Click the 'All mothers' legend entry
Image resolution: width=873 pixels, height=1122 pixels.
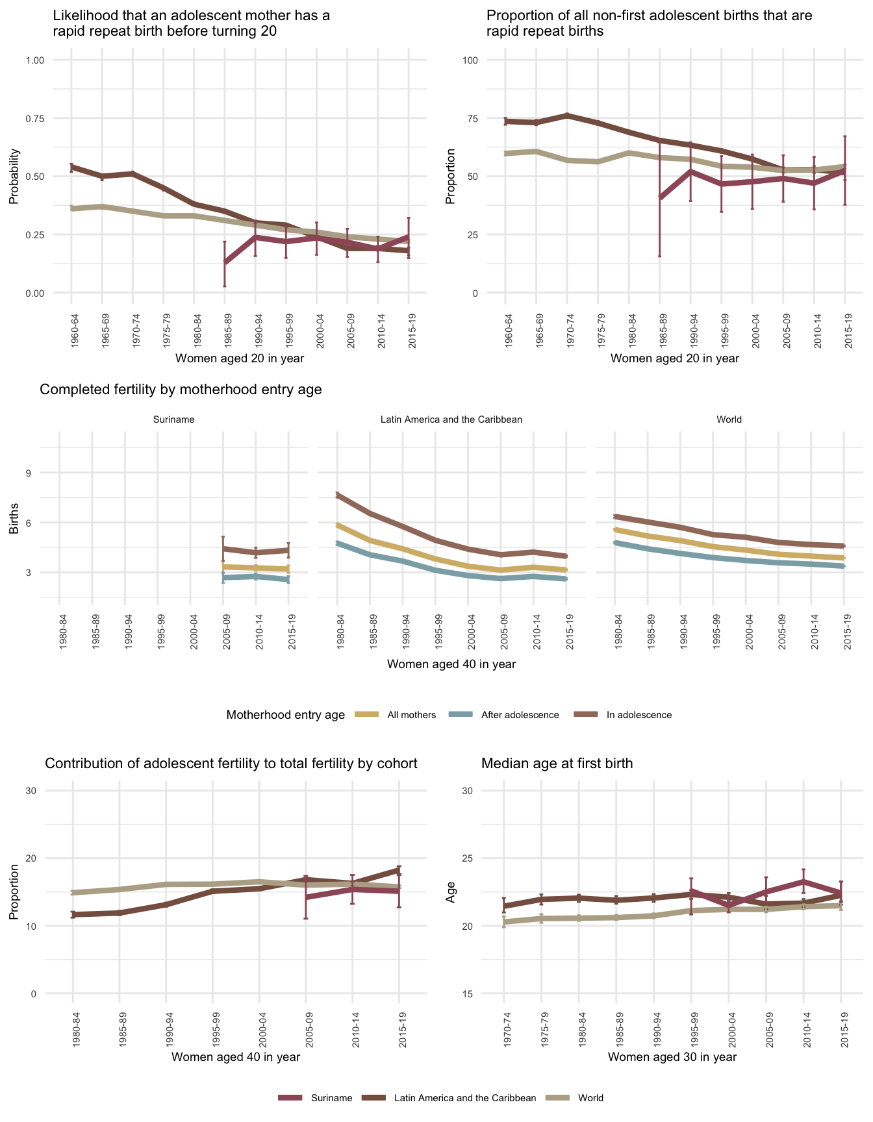tap(411, 715)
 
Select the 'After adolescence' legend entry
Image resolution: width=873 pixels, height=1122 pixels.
tap(520, 715)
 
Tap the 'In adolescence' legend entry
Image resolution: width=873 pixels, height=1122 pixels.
tap(639, 715)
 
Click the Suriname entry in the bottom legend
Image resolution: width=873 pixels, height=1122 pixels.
tap(331, 1098)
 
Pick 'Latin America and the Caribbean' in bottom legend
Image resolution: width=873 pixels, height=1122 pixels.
tap(465, 1098)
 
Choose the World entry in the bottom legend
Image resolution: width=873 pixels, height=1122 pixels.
tap(590, 1098)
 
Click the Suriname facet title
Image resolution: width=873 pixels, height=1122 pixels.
tap(173, 419)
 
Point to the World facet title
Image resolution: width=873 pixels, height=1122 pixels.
tap(729, 419)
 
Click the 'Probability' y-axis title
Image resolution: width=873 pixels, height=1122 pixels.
tap(14, 177)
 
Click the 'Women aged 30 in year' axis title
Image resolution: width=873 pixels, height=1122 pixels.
tap(672, 1057)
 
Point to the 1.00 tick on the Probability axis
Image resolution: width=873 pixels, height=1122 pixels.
tap(34, 60)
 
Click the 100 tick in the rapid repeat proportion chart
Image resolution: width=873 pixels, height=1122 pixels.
tap(470, 60)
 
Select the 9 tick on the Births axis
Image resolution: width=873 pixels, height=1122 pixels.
tap(29, 473)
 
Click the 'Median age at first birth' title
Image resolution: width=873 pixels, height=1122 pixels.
tap(557, 764)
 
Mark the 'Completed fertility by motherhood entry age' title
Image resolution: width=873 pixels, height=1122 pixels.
tap(181, 390)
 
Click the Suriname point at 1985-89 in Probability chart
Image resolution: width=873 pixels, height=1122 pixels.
tap(225, 262)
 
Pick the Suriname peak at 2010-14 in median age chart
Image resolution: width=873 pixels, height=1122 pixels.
tap(803, 881)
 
